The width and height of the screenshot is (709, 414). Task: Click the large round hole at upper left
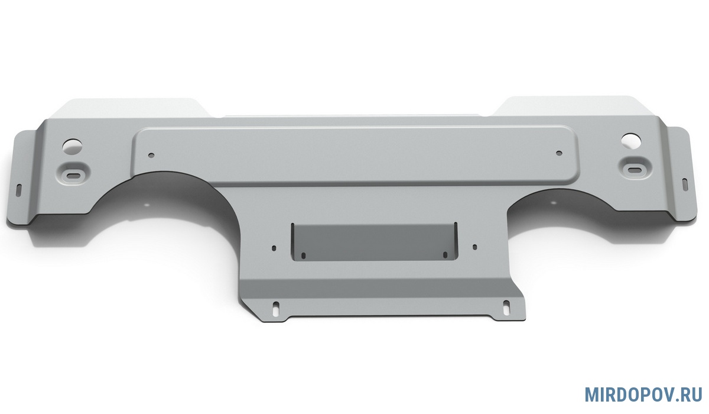click(72, 145)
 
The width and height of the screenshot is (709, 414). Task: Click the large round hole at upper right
click(631, 140)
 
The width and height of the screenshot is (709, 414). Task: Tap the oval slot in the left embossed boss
click(73, 175)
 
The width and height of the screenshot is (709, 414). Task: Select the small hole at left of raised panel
click(152, 155)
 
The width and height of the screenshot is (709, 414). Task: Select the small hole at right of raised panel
click(560, 153)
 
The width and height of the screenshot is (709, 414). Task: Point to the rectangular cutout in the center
click(375, 242)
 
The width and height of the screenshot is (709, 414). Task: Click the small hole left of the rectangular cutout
click(274, 248)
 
